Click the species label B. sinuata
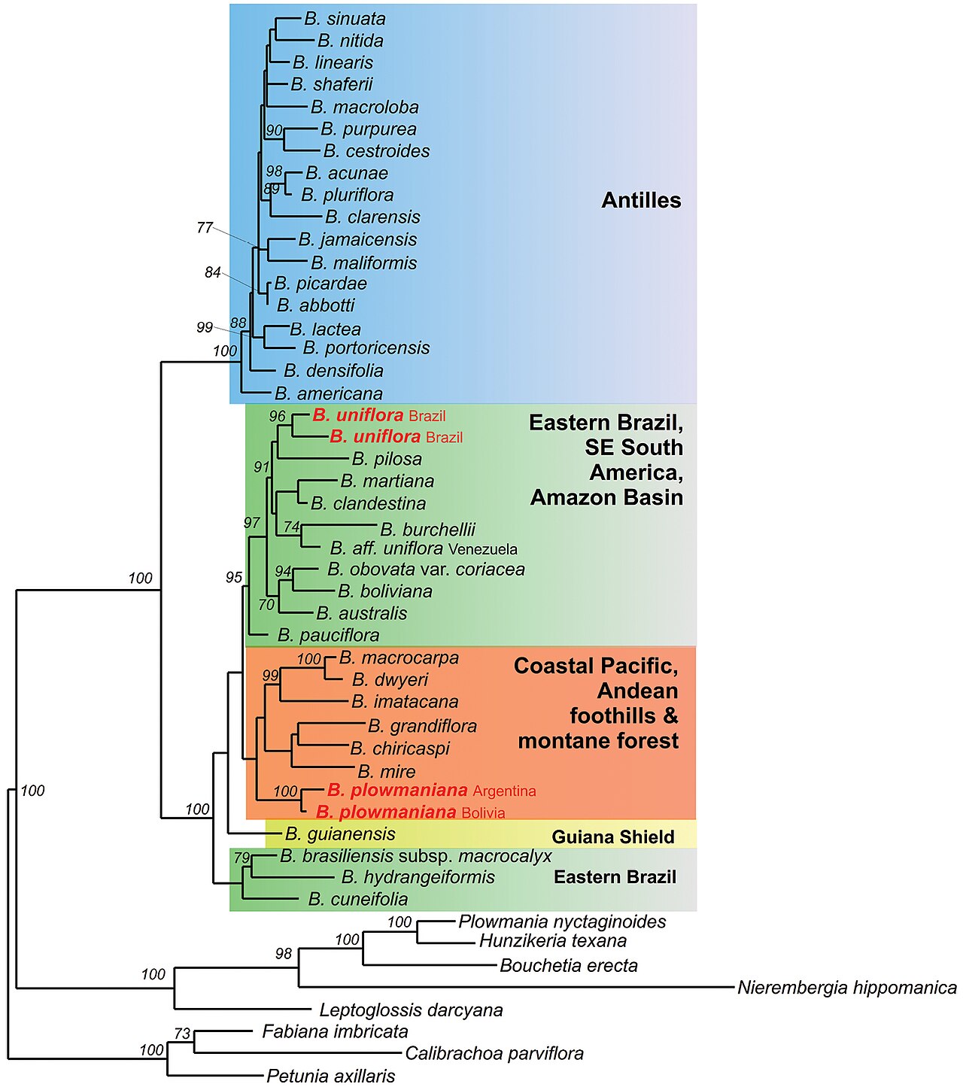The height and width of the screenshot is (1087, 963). (345, 19)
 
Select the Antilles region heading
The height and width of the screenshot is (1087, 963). (641, 200)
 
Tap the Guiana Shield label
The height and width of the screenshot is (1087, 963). (613, 837)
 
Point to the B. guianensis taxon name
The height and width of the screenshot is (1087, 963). (340, 833)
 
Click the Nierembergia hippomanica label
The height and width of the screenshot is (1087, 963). (847, 987)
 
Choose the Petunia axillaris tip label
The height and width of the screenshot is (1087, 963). (331, 1076)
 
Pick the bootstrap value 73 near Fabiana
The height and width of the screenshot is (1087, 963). (183, 1033)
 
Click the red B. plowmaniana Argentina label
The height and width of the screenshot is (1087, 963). (432, 791)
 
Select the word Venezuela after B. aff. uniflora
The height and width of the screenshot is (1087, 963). (482, 549)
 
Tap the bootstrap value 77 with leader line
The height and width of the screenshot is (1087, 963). (205, 227)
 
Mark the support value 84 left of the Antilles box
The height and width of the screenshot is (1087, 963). (213, 272)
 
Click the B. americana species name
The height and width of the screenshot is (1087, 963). (329, 394)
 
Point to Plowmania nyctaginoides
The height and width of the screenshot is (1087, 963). (562, 922)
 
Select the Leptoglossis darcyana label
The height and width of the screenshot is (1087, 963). (412, 1010)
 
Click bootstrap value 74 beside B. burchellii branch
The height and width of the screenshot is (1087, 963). (291, 527)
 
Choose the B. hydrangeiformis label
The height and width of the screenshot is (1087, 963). (418, 876)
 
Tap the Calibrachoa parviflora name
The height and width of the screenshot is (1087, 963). (494, 1053)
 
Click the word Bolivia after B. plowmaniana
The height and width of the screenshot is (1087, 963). (483, 813)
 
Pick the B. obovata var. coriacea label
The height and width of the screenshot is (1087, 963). (427, 569)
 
